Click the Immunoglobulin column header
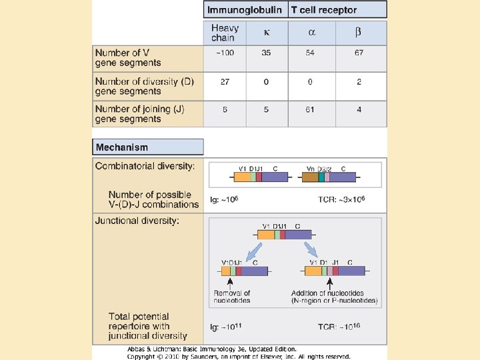(245, 10)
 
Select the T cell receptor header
(324, 10)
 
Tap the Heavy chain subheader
(225, 33)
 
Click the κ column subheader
(267, 33)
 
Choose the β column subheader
(359, 33)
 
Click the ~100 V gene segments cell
(225, 53)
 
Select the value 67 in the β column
(359, 53)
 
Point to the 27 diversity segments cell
(225, 81)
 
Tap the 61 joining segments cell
(310, 109)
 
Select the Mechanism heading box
(148, 147)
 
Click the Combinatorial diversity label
(145, 166)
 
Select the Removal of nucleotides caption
(232, 297)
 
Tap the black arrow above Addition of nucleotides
(329, 283)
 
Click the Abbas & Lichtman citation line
(212, 349)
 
